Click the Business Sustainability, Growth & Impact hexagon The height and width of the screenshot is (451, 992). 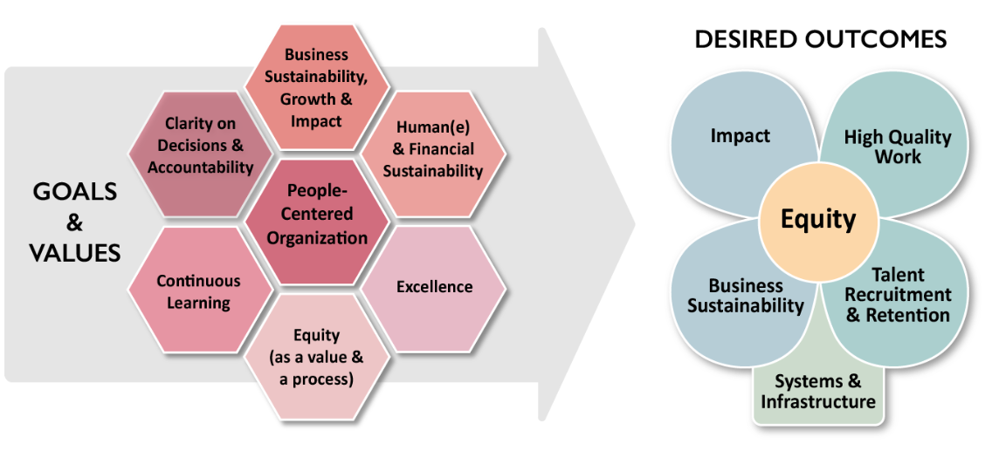[x=316, y=88]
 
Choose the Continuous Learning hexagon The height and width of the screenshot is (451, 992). [x=199, y=291]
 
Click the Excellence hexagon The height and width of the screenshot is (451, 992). [x=434, y=286]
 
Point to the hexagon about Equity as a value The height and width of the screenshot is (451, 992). [x=316, y=356]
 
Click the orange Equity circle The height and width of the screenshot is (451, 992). [x=817, y=219]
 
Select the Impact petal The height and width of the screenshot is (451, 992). [x=740, y=136]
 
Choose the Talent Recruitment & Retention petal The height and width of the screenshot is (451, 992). [x=898, y=297]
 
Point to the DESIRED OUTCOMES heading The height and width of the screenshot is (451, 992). [x=820, y=39]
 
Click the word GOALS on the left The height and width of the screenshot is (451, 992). [x=75, y=193]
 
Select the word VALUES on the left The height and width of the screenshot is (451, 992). [x=75, y=252]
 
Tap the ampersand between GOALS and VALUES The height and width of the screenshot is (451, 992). [x=75, y=222]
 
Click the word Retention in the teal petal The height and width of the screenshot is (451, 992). [x=907, y=315]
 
